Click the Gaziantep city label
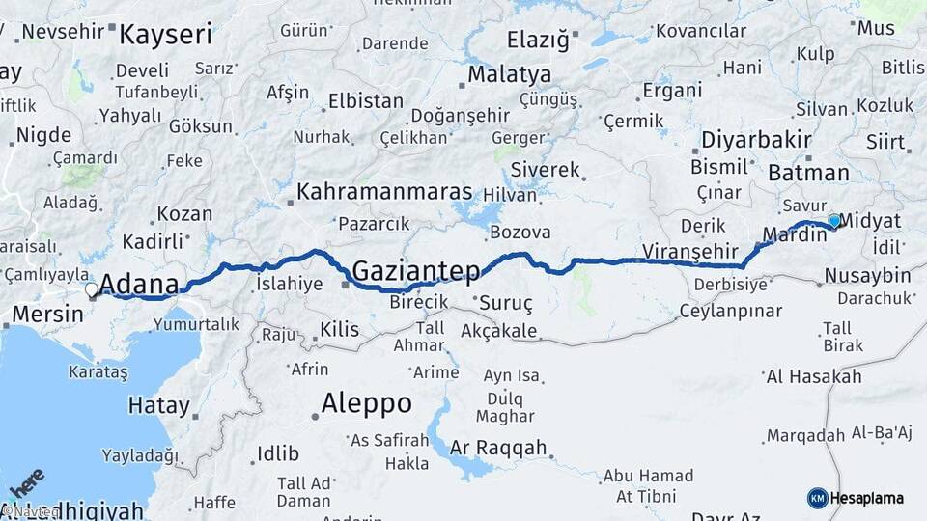[x=415, y=271]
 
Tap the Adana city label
[x=139, y=285]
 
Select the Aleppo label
[x=367, y=402]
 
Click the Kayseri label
[x=165, y=36]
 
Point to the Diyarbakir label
[x=756, y=139]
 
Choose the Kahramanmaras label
[x=384, y=191]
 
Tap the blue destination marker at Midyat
[x=834, y=221]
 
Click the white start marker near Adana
[x=91, y=288]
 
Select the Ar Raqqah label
[x=498, y=449]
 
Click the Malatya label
[x=510, y=74]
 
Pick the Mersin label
[x=42, y=314]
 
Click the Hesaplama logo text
[x=867, y=498]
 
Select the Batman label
[x=808, y=174]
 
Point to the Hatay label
[x=158, y=405]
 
